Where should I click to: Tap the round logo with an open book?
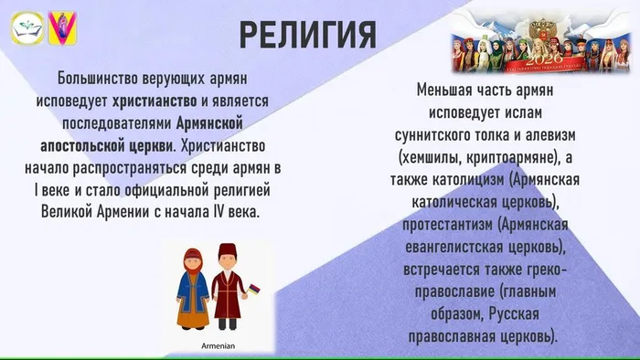(x=25, y=26)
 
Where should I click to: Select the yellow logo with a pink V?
(x=61, y=26)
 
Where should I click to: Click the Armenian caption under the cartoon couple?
(x=218, y=346)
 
